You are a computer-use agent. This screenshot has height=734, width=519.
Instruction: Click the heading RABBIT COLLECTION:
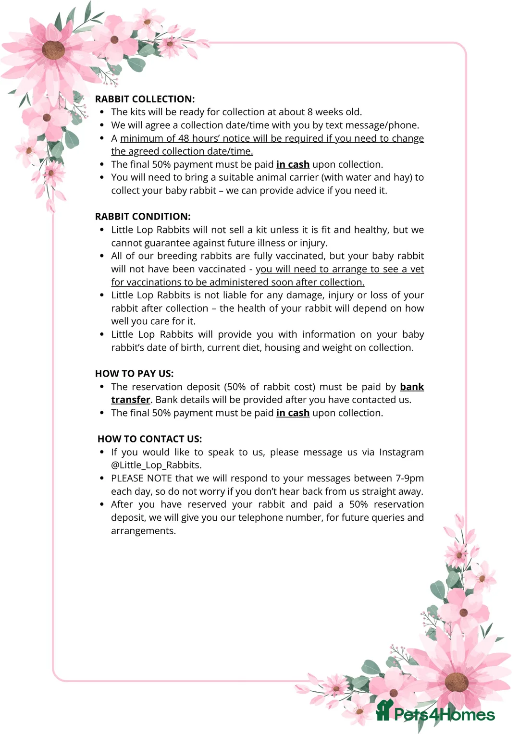145,99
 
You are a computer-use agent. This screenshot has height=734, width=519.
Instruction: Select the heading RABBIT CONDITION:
143,217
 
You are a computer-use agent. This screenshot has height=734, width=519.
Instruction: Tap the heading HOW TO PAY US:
134,374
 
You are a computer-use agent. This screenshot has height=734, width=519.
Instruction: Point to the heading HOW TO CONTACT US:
149,439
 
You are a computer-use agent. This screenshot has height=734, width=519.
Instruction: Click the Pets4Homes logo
435,713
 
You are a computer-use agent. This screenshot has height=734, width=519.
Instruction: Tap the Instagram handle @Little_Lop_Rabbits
156,465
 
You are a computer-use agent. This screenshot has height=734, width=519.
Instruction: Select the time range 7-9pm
409,478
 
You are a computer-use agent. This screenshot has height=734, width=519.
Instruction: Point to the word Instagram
401,452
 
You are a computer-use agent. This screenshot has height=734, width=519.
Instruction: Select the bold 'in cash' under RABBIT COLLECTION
293,164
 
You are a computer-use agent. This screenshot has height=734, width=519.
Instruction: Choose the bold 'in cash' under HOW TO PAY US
293,413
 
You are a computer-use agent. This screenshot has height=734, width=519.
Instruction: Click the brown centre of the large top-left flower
53,50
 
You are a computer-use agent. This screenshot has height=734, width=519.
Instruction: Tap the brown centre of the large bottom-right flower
456,683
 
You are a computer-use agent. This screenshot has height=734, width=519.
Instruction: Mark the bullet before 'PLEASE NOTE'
102,478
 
